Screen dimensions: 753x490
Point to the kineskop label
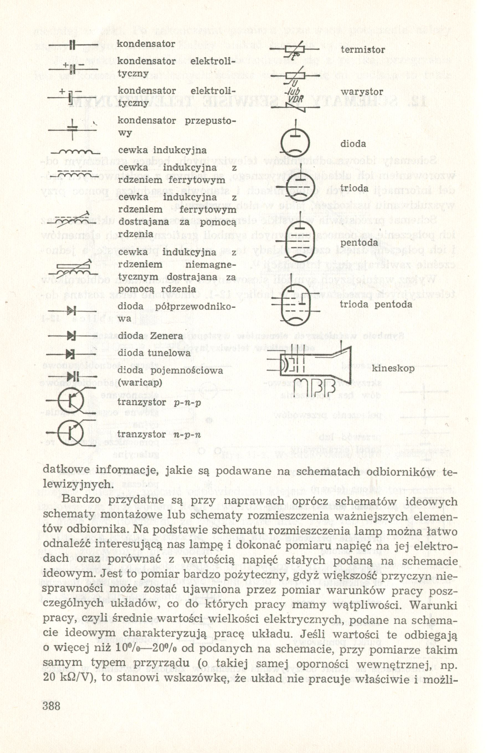point(393,368)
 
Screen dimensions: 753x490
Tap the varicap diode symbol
point(73,376)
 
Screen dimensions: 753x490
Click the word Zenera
point(166,336)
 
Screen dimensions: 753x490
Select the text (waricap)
point(140,382)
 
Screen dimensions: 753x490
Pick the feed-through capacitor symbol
point(73,129)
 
